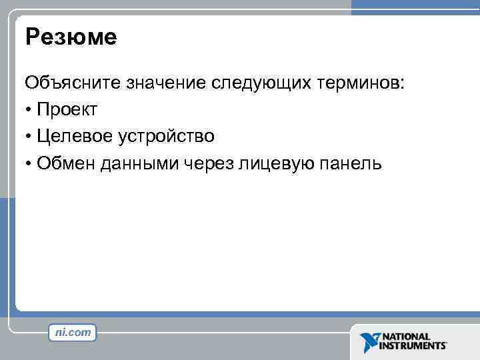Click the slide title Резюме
click(x=71, y=37)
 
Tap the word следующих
click(x=263, y=83)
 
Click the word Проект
click(x=68, y=110)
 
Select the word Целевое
click(x=77, y=137)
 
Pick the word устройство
click(x=167, y=137)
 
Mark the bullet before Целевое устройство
click(x=29, y=137)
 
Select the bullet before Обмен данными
click(x=29, y=164)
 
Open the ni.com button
click(x=72, y=332)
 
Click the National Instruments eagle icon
click(x=369, y=342)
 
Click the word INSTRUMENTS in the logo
click(x=413, y=347)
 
